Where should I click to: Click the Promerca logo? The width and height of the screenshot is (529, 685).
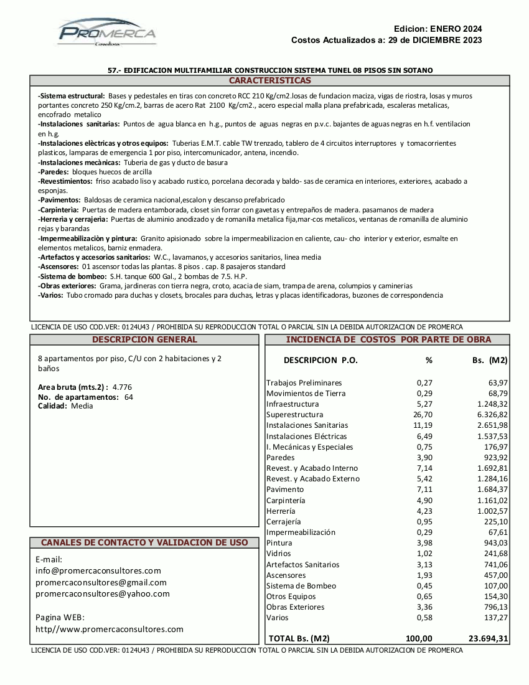(107, 32)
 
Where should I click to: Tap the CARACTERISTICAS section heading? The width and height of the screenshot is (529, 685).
(269, 81)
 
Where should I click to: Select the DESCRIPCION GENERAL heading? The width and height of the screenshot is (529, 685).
(144, 339)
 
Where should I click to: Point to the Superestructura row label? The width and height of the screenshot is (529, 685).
(294, 415)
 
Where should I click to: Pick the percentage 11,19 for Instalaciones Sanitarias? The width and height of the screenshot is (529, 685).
(423, 425)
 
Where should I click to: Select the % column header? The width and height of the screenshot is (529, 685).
(429, 360)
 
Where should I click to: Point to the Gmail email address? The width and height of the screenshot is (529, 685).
(101, 583)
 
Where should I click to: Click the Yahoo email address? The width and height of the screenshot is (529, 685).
(103, 594)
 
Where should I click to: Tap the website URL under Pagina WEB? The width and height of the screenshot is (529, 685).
(110, 630)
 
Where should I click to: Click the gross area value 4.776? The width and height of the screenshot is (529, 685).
(122, 387)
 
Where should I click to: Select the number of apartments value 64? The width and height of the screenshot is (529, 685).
(129, 397)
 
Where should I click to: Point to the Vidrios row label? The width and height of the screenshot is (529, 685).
(278, 554)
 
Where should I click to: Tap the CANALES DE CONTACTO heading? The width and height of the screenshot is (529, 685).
(144, 542)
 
